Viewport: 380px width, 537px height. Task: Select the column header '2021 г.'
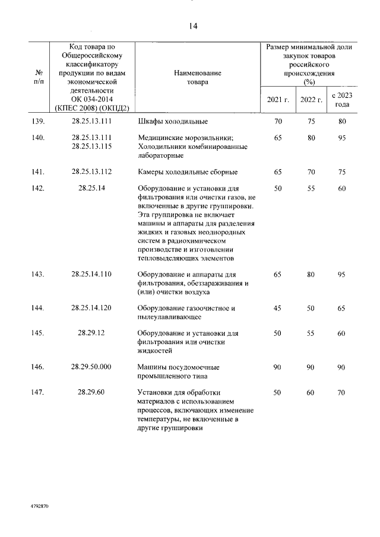tap(278, 99)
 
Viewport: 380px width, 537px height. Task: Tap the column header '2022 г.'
tap(311, 99)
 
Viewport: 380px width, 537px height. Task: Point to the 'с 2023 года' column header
tap(341, 99)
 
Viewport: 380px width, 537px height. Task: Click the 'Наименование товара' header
tap(198, 77)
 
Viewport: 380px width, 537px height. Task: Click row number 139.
tap(39, 122)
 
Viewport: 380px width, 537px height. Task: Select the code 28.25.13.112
tap(91, 172)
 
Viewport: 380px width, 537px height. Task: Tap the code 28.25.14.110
tap(91, 274)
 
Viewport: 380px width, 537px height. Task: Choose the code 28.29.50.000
tap(91, 367)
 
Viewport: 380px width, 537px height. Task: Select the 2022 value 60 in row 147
tap(311, 392)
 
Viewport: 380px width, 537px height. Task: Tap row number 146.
tap(39, 367)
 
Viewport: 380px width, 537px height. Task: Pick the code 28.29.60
tap(91, 392)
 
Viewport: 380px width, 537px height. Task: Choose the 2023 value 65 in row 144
tap(341, 308)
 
